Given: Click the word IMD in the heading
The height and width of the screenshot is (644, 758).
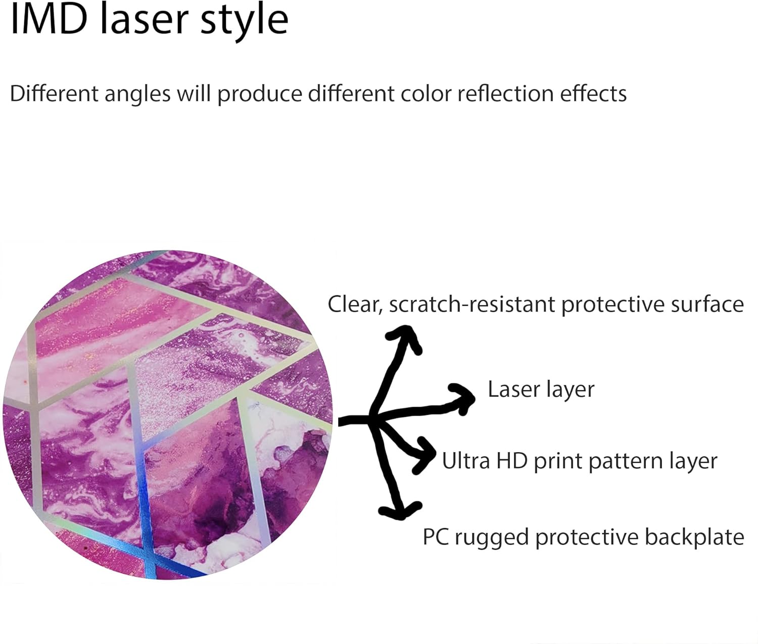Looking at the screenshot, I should tap(49, 20).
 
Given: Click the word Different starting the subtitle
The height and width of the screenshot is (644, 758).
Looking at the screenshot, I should tap(54, 94).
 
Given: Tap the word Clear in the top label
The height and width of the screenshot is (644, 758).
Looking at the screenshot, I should tap(354, 305).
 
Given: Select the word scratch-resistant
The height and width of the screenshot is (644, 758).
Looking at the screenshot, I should tap(472, 305).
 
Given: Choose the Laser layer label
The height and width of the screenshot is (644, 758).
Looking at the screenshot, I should tap(541, 389).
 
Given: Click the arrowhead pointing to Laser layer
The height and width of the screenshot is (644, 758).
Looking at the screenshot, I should tap(463, 397).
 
